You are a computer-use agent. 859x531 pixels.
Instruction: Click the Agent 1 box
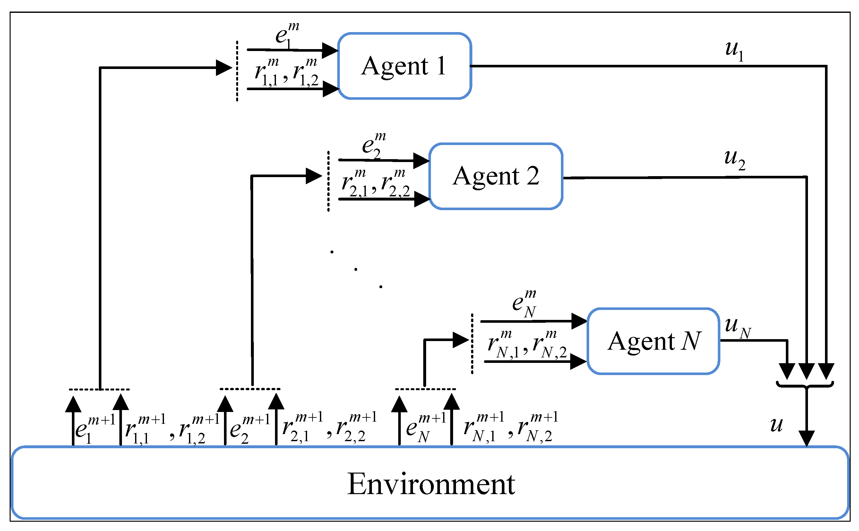[x=404, y=66]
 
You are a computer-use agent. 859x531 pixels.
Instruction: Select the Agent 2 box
[x=495, y=176]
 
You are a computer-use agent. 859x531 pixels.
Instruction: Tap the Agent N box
[x=653, y=341]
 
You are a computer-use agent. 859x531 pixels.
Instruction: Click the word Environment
[x=431, y=484]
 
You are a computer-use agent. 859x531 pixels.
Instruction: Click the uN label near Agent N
[x=737, y=327]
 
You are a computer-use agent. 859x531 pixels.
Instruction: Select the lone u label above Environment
[x=777, y=424]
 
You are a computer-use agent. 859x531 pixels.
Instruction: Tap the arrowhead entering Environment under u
[x=807, y=439]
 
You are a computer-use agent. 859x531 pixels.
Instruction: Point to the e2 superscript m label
[x=373, y=145]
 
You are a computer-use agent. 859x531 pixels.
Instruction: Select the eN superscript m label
[x=524, y=303]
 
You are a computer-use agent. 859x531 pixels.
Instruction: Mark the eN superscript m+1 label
[x=425, y=427]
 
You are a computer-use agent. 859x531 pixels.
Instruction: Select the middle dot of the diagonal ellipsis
[x=356, y=270]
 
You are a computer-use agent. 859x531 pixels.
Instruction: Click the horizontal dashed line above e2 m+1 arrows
[x=250, y=389]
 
